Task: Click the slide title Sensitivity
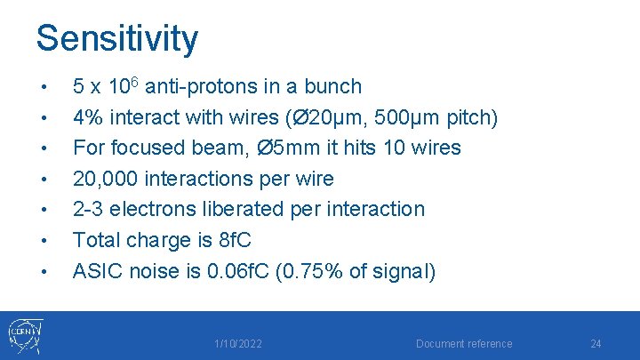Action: (x=116, y=38)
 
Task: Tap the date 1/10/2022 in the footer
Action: (x=237, y=344)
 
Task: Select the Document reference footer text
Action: (x=464, y=344)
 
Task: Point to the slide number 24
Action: (x=596, y=344)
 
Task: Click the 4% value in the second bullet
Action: (x=87, y=117)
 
